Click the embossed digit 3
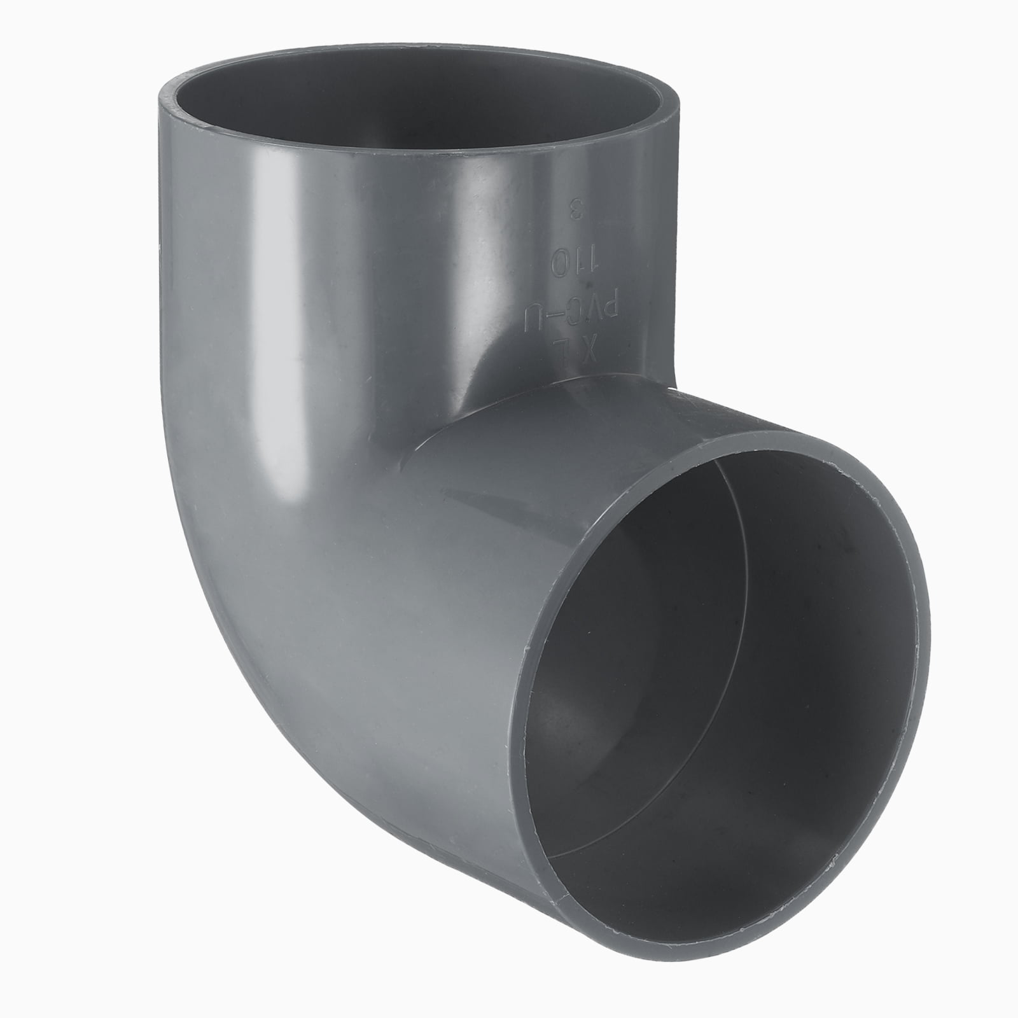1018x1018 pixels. (577, 227)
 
